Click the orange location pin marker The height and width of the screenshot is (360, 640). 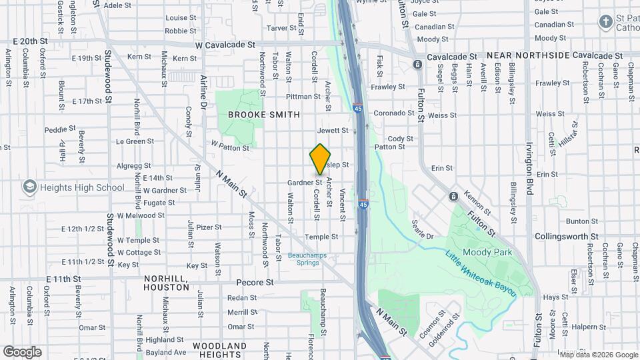tap(321, 159)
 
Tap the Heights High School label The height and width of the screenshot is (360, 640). tap(82, 187)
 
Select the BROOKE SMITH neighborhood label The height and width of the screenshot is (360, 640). tap(263, 115)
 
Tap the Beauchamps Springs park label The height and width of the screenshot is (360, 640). tap(303, 259)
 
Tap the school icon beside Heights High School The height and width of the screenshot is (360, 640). tap(29, 187)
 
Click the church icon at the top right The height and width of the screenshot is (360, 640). tap(605, 22)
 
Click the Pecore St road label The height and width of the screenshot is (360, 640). tap(256, 282)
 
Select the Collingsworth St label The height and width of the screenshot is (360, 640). tap(566, 237)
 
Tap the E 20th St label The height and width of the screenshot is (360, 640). tap(30, 41)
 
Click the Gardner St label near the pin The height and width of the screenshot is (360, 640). tap(305, 182)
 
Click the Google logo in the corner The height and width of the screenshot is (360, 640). tap(22, 352)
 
